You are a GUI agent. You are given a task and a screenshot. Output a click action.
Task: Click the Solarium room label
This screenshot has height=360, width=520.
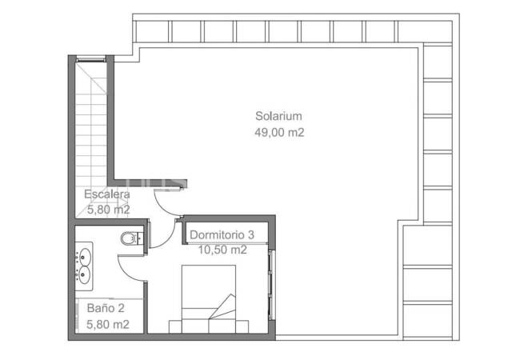278,116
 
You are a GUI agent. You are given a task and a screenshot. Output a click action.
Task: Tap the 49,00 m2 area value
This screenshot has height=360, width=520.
279,132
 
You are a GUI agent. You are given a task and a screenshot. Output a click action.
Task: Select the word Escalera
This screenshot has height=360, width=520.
106,194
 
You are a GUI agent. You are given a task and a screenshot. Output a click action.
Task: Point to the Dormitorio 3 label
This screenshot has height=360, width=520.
222,234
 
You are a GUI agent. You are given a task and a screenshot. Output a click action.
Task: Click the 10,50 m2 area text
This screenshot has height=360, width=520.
222,250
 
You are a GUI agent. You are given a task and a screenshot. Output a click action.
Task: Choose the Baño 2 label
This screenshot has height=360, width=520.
106,308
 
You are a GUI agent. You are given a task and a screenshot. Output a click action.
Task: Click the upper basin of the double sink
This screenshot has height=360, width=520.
85,257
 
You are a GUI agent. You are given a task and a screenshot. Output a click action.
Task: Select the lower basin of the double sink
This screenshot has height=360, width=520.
84,275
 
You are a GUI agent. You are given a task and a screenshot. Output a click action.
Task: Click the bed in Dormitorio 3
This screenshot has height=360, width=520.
209,298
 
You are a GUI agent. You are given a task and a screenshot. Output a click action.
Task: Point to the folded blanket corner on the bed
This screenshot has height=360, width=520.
223,306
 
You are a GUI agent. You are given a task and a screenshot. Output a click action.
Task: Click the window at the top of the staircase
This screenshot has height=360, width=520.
91,60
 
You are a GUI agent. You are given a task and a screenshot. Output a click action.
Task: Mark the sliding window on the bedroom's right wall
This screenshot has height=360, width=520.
272,285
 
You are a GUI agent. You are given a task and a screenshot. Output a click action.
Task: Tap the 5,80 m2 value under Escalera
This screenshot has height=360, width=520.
109,210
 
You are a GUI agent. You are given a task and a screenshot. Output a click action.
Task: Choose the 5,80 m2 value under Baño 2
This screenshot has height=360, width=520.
108,324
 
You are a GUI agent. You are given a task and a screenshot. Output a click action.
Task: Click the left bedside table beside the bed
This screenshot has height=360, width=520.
175,326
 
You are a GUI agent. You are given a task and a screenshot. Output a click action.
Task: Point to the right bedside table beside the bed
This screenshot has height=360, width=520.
242,326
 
